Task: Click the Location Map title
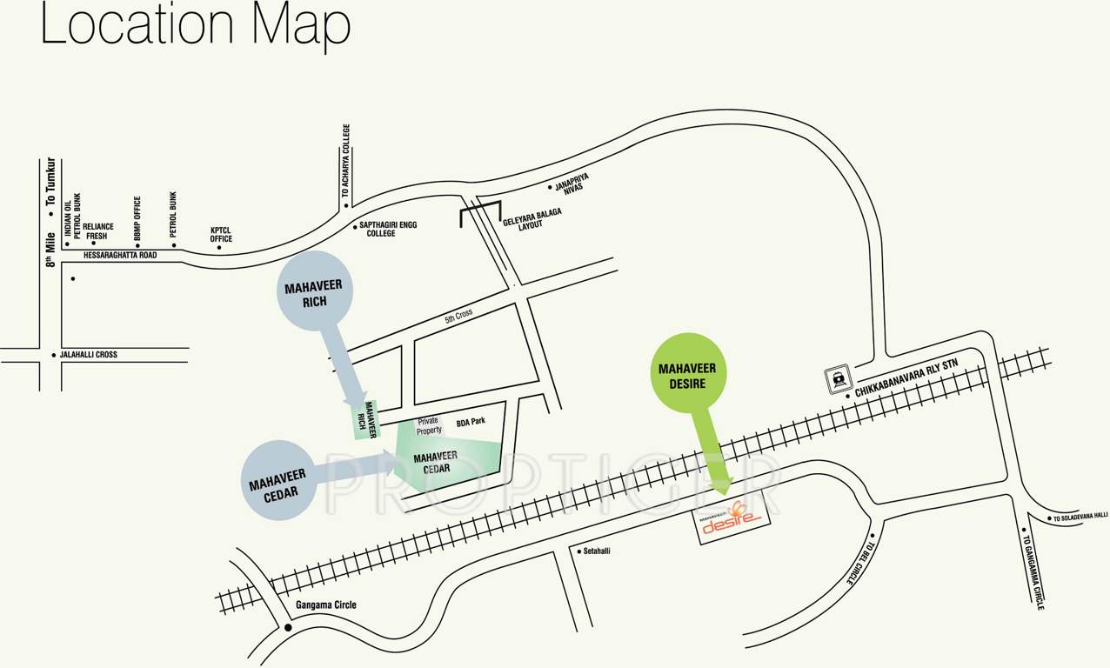tap(195, 26)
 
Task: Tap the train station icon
tap(838, 378)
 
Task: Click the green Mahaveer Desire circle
tap(687, 369)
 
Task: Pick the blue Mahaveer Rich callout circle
tap(315, 291)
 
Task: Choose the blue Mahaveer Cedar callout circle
tap(278, 480)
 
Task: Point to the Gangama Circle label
tap(319, 605)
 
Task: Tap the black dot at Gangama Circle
tap(288, 627)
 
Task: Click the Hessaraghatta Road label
tap(120, 256)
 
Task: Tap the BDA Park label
tap(471, 422)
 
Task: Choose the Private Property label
tap(429, 425)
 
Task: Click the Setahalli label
tap(596, 551)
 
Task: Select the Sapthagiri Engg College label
tap(388, 229)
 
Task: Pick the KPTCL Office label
tap(221, 235)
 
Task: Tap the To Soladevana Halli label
tap(1080, 518)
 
